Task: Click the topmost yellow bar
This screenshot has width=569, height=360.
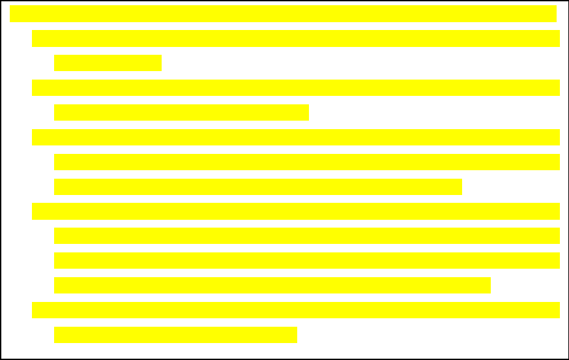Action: point(283,14)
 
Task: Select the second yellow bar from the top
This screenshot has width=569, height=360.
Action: point(296,38)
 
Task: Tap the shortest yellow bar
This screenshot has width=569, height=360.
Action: point(108,63)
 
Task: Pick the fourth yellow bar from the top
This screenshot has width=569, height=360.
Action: point(296,88)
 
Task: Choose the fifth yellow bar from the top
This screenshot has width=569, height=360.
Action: point(181,113)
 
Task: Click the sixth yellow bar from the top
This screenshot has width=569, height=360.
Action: point(296,138)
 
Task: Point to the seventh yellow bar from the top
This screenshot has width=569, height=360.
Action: point(307,162)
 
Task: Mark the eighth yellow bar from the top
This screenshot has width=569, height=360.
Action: point(258,187)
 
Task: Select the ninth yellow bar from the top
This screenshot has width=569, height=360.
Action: point(296,211)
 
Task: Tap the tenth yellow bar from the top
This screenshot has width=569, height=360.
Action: point(307,236)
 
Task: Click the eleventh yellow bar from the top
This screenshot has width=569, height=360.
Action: point(307,261)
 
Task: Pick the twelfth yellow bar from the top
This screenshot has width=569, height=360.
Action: point(272,286)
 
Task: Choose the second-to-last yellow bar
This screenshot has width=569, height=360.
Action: point(296,310)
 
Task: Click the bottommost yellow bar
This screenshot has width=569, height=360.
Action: point(175,335)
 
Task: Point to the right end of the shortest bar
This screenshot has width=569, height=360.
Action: point(159,63)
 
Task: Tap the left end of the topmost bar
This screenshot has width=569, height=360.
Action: point(12,14)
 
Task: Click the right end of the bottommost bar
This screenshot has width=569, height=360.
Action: point(295,335)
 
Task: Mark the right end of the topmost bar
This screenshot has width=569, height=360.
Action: point(554,14)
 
